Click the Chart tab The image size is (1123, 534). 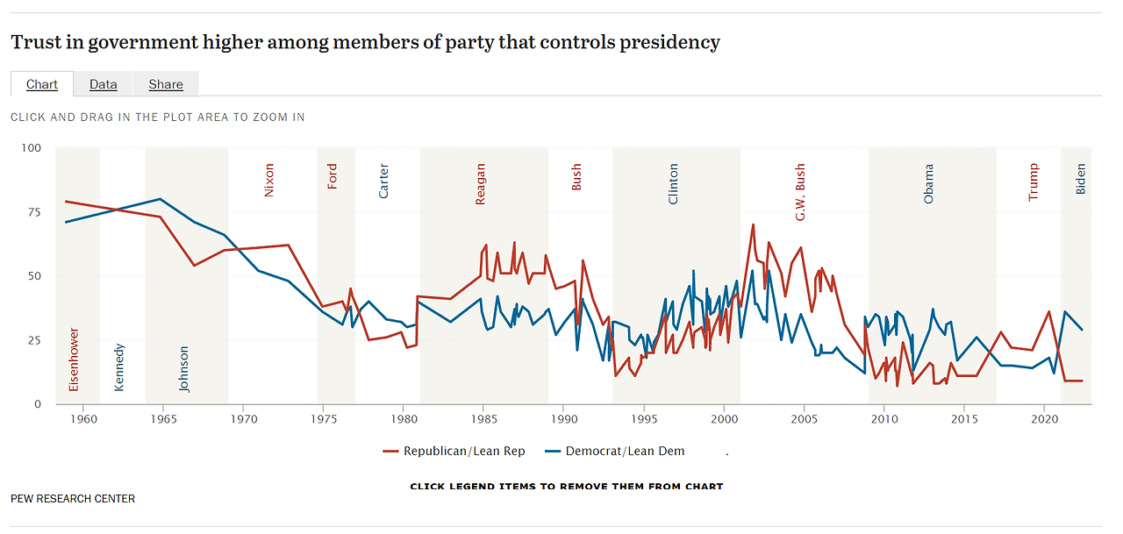(x=42, y=84)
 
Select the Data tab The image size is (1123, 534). (x=103, y=84)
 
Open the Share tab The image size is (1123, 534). (x=166, y=84)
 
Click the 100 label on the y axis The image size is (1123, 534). (x=31, y=147)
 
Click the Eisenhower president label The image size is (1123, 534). (x=74, y=360)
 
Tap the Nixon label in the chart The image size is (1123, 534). (x=269, y=179)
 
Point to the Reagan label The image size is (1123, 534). (x=480, y=184)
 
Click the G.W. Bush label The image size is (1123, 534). (x=800, y=192)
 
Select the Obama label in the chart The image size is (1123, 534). (x=929, y=183)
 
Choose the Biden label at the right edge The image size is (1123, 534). (x=1081, y=179)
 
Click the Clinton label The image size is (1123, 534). (x=674, y=183)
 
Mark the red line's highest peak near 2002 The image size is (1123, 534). (x=753, y=224)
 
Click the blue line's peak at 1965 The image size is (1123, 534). (x=160, y=199)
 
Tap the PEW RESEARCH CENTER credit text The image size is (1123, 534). (x=73, y=499)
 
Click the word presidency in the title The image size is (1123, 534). (x=669, y=41)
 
